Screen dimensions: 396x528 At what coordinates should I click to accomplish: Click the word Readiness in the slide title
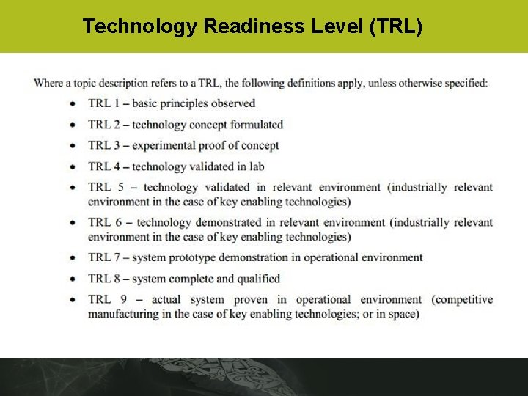click(x=246, y=26)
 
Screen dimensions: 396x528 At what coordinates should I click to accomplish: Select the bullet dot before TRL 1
click(x=73, y=104)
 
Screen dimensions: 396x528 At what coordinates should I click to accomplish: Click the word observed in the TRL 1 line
click(x=230, y=103)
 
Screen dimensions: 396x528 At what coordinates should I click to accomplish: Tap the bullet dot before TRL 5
click(x=73, y=188)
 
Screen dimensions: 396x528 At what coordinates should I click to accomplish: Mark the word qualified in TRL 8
click(x=257, y=279)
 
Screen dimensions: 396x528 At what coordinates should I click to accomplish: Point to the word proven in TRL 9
click(x=251, y=299)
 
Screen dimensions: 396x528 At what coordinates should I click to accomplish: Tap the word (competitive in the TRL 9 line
click(x=462, y=299)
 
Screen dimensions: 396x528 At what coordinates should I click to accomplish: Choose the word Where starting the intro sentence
click(x=49, y=83)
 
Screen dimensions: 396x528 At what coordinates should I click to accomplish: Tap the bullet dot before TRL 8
click(x=73, y=279)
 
